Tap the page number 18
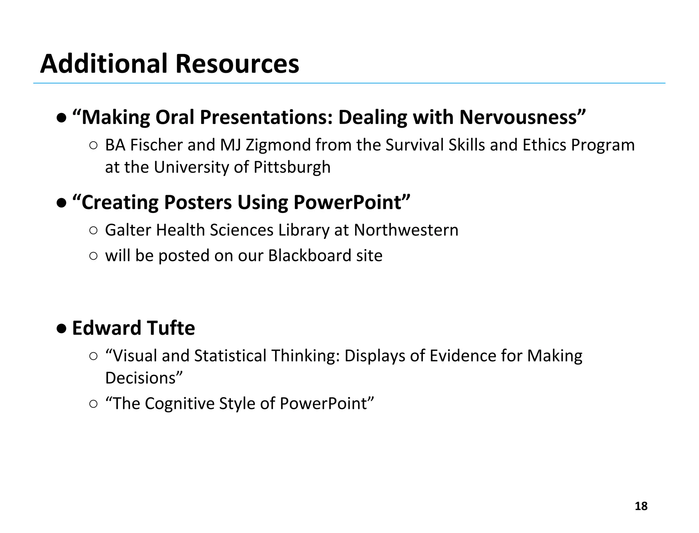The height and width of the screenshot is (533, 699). (x=641, y=506)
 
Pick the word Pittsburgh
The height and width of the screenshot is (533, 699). (x=292, y=167)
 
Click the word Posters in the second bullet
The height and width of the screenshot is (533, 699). (x=198, y=202)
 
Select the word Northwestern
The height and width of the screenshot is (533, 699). (x=406, y=230)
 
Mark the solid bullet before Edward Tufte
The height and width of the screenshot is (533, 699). (x=61, y=329)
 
